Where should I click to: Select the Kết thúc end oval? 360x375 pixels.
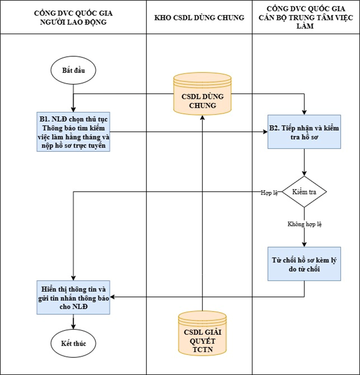click(73, 344)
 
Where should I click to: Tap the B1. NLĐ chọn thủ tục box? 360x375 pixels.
click(73, 131)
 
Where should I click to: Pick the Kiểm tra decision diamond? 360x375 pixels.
click(304, 192)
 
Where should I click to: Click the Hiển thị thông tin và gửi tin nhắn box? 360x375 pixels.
click(73, 297)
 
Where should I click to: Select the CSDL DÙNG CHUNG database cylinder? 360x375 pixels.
click(202, 94)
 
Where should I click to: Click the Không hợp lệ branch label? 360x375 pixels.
click(304, 223)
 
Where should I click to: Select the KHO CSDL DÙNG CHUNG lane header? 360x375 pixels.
click(199, 17)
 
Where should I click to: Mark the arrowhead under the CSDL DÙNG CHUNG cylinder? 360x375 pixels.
click(202, 117)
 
